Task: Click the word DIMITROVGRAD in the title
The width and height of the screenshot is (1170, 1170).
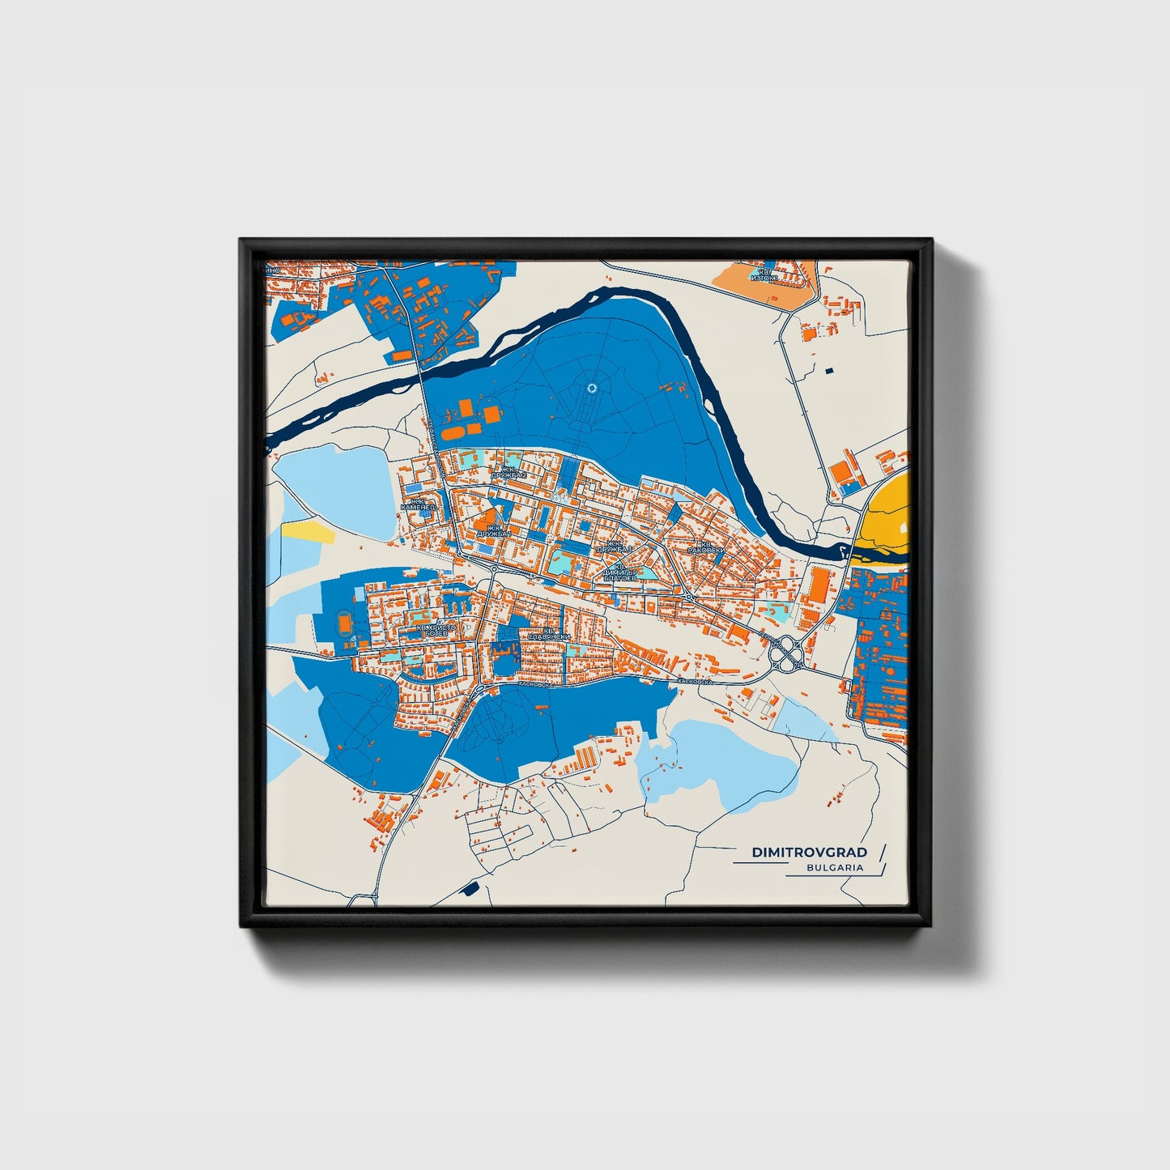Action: tap(809, 852)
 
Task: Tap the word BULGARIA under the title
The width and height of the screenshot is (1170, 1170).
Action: tap(835, 867)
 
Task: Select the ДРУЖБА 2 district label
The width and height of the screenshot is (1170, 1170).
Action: tap(513, 472)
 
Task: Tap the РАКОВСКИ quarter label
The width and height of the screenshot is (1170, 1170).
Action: tap(702, 547)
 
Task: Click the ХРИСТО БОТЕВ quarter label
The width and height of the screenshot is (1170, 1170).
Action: tap(436, 629)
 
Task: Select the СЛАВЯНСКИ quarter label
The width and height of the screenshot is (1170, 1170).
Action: tap(549, 634)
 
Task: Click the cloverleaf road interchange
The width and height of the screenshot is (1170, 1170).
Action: tap(785, 652)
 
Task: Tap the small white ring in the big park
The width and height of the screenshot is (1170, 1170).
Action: tap(591, 389)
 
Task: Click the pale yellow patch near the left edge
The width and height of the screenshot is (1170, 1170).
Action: tap(308, 530)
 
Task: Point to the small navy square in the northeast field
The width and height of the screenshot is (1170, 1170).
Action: tap(828, 370)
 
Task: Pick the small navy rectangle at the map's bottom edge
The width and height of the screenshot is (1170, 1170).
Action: tap(468, 889)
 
